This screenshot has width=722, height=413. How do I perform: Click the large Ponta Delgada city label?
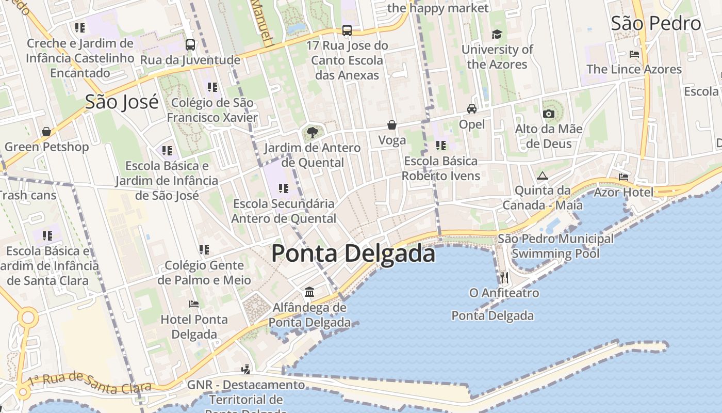353,253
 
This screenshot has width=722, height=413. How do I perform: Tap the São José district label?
122,102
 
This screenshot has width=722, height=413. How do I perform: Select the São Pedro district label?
656,23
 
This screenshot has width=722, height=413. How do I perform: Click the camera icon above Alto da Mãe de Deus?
549,114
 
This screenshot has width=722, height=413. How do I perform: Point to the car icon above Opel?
471,109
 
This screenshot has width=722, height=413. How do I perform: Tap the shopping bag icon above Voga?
392,125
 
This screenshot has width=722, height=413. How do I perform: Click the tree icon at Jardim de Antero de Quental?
312,133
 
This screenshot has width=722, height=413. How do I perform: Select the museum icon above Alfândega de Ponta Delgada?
309,292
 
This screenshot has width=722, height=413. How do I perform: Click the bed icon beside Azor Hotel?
623,177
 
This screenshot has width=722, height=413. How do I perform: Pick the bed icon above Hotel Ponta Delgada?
194,304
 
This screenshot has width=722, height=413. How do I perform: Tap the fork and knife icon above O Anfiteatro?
504,278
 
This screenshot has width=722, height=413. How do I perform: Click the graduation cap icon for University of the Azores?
497,34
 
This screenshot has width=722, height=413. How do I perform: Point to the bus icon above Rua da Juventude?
190,45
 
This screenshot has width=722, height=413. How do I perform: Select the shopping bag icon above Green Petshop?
46,132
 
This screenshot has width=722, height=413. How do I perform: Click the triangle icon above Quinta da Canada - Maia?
542,176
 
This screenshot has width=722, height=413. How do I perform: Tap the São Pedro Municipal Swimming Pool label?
555,246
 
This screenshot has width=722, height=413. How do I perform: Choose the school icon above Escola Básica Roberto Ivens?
440,146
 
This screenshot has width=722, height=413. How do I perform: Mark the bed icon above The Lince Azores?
634,54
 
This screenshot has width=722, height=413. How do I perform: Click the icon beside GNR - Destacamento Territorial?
246,369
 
